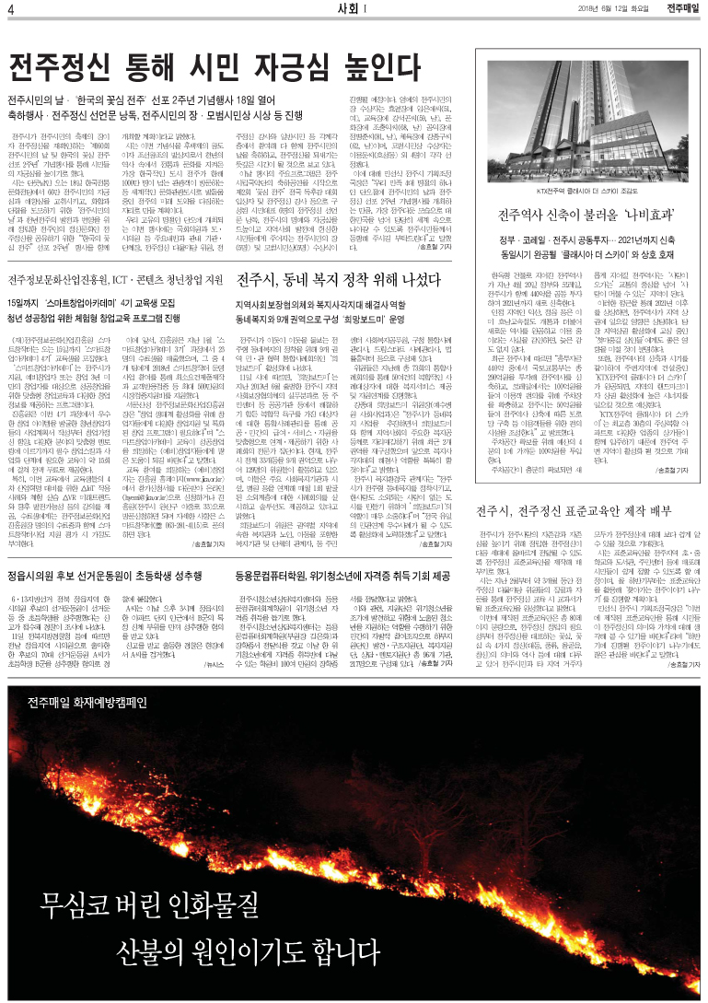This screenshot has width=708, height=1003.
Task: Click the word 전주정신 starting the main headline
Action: click(59, 67)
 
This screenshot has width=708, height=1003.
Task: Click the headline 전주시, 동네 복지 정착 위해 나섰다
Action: click(338, 279)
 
